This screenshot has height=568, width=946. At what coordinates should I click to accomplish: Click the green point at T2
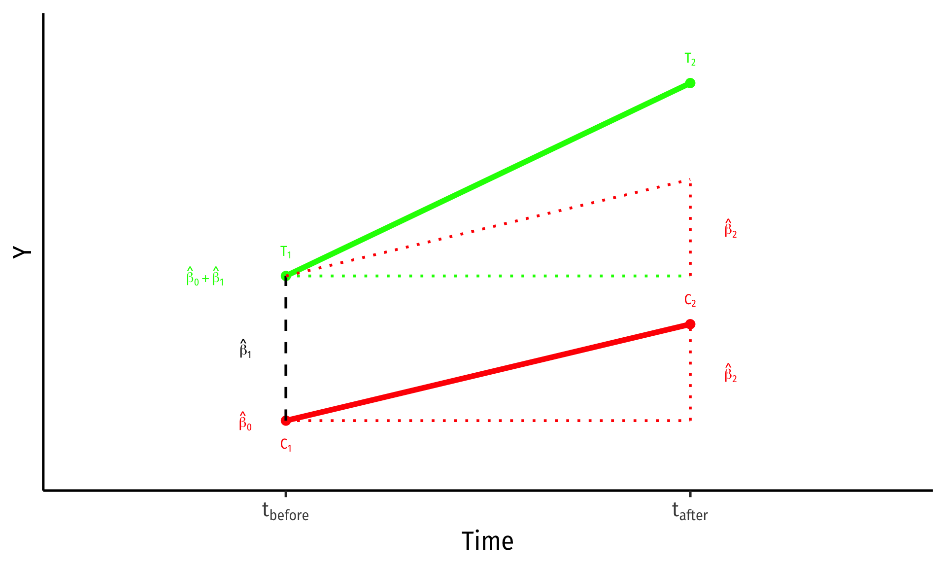[x=690, y=83]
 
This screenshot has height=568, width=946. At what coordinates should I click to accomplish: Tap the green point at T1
[x=286, y=276]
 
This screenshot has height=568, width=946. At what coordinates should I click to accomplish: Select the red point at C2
[x=690, y=324]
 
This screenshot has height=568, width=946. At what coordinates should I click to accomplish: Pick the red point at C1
[x=286, y=421]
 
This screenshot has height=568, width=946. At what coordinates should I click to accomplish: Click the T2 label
[x=690, y=60]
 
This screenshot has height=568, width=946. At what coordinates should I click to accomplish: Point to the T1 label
[x=286, y=252]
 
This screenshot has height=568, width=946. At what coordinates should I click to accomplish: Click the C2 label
[x=690, y=301]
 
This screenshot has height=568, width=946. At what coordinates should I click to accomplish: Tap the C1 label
[x=286, y=445]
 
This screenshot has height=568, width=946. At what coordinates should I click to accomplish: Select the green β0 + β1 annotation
[x=205, y=277]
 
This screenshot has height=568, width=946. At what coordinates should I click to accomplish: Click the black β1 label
[x=245, y=349]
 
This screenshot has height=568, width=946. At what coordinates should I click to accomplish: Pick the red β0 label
[x=245, y=422]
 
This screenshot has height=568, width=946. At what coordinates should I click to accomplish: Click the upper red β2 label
[x=730, y=229]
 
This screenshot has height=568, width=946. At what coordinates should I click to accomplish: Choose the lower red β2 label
[x=730, y=373]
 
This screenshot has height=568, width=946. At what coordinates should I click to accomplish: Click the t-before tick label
[x=286, y=512]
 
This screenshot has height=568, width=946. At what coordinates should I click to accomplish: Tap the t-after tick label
[x=690, y=512]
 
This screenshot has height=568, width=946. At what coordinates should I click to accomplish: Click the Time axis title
[x=487, y=541]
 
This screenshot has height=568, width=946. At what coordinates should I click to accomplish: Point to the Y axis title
[x=22, y=252]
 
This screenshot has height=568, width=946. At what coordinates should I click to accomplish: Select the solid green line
[x=488, y=179]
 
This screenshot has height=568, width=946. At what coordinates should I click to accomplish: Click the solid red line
[x=488, y=372]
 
